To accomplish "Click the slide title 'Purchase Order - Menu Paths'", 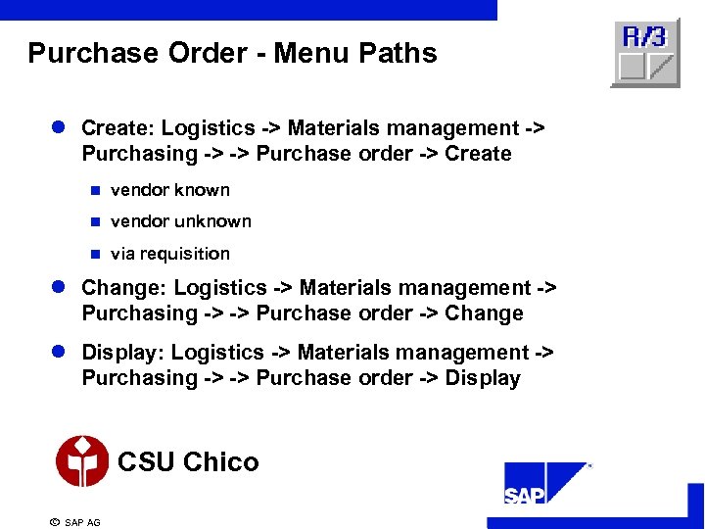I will [232, 53].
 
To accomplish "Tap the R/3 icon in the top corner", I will [645, 53].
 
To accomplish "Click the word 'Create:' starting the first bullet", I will [118, 128].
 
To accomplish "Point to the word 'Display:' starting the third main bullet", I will [123, 353].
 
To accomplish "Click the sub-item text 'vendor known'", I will [170, 190].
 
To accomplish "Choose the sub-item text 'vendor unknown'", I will [181, 221].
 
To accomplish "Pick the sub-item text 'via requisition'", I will [170, 254].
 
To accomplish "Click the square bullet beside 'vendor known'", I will [95, 191].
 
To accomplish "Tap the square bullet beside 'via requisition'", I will [95, 255].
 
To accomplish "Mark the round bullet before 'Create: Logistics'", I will [60, 129].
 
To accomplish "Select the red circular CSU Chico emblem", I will [82, 461].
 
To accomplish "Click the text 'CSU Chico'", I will [188, 462].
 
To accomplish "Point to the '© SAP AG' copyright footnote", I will [75, 522].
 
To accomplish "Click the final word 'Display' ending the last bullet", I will [483, 378].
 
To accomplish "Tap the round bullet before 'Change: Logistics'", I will [60, 289].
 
